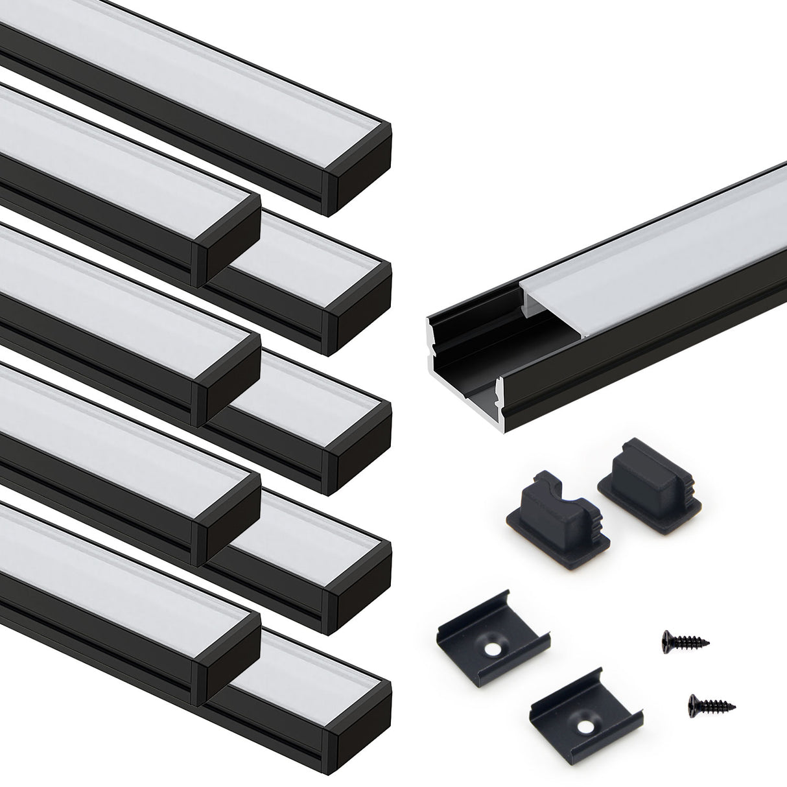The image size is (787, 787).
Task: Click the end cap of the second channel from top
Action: click(x=227, y=240)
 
